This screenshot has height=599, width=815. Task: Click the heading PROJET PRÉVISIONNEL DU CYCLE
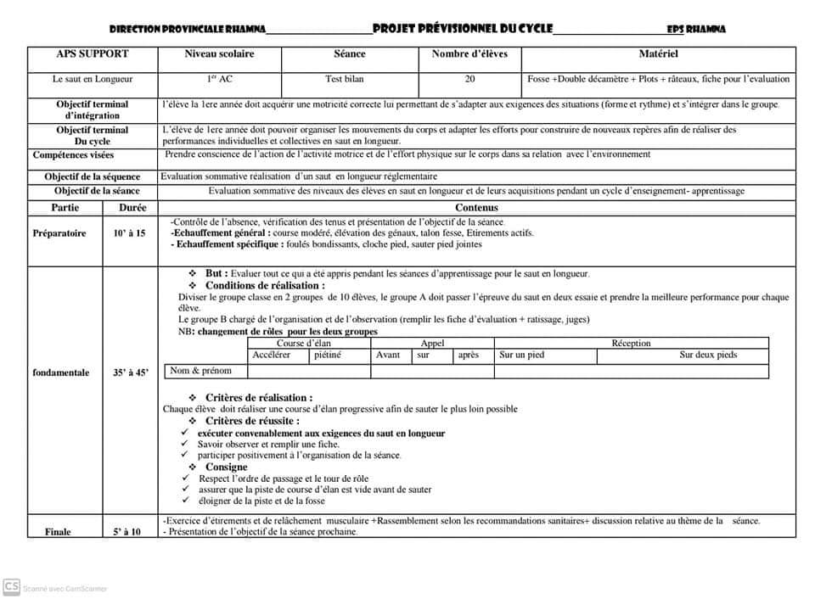tap(463, 28)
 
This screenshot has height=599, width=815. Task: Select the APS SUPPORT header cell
tap(93, 53)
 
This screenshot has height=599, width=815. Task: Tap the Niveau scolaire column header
tap(219, 53)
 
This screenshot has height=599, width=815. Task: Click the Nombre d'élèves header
tap(469, 53)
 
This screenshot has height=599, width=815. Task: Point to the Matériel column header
tap(658, 53)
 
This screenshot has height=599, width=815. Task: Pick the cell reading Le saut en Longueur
tap(93, 79)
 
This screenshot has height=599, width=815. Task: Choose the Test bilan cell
tap(345, 79)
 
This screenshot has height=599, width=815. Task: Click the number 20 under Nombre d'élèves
tap(469, 79)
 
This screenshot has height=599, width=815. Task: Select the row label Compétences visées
tap(73, 155)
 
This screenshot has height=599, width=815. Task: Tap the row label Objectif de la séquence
tap(93, 176)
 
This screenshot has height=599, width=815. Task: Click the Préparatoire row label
tap(59, 233)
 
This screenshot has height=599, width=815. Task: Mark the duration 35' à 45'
tap(130, 372)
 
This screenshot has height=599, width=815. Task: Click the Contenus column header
tap(476, 207)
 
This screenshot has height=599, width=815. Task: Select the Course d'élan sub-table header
tap(304, 344)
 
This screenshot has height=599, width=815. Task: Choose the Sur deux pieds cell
tap(708, 355)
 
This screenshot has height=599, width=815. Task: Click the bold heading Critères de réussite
tap(252, 421)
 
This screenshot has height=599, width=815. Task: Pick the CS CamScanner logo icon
tap(12, 586)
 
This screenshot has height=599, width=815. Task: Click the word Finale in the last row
tap(59, 531)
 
